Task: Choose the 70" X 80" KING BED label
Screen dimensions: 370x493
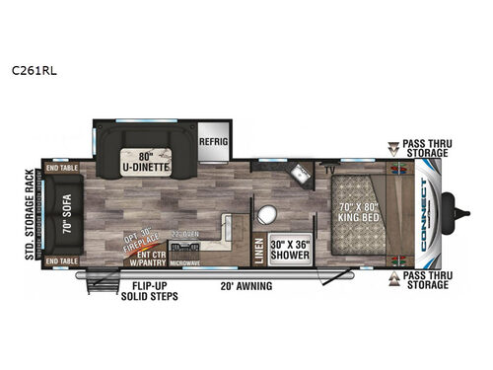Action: tap(352, 214)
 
